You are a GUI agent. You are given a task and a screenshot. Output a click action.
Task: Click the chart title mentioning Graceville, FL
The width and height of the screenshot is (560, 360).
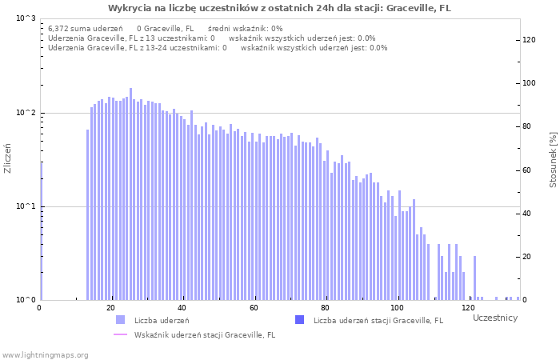coord(279,8)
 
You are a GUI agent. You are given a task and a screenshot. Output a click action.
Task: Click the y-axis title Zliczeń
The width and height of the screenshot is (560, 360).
coord(8,158)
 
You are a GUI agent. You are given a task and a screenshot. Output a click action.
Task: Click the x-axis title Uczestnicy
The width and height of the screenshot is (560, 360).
coord(494,318)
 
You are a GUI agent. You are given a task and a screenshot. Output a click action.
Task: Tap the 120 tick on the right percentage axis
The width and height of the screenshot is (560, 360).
coord(529,40)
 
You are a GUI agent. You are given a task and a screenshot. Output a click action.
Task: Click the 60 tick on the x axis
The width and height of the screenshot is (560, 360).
coord(254,309)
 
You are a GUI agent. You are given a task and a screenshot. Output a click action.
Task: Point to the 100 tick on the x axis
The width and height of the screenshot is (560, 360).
coord(397,309)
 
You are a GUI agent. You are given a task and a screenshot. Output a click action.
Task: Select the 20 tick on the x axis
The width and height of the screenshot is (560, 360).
coord(110,309)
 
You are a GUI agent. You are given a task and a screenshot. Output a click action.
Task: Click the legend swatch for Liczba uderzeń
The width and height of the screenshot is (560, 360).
coord(121,320)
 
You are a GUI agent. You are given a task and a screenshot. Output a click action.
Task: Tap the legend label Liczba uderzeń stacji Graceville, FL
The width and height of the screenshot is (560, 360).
coord(378,321)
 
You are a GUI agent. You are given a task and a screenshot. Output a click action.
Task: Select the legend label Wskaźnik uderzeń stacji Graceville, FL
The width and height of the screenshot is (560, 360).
coord(205,335)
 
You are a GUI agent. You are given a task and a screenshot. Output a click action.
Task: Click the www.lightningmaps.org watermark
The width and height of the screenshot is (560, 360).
coord(45,354)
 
